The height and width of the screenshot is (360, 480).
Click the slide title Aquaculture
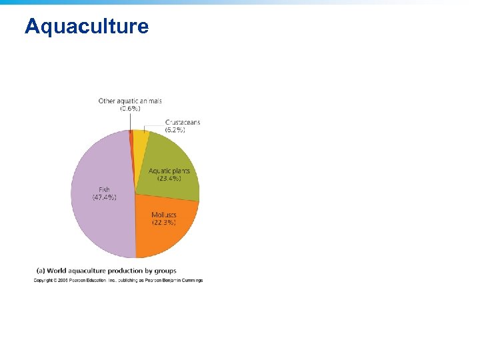[87, 27]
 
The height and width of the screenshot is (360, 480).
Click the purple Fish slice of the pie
[100, 220]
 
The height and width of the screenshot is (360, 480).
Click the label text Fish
[104, 190]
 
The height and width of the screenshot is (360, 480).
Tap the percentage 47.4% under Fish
[105, 197]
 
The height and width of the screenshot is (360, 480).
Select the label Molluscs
[164, 215]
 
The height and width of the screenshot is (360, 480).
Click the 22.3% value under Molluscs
[164, 222]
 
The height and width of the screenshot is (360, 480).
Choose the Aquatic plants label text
[169, 171]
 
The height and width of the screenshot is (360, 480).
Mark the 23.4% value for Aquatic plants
[169, 179]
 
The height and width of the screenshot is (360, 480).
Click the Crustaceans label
[183, 123]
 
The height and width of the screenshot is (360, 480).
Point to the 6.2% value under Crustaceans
[175, 130]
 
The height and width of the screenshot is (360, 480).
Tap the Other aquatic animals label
[130, 101]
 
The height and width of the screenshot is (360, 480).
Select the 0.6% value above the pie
[130, 108]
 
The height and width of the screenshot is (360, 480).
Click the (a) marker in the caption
[39, 271]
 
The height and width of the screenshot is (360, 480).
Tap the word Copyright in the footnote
[44, 281]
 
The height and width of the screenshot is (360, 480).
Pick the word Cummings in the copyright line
[191, 281]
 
